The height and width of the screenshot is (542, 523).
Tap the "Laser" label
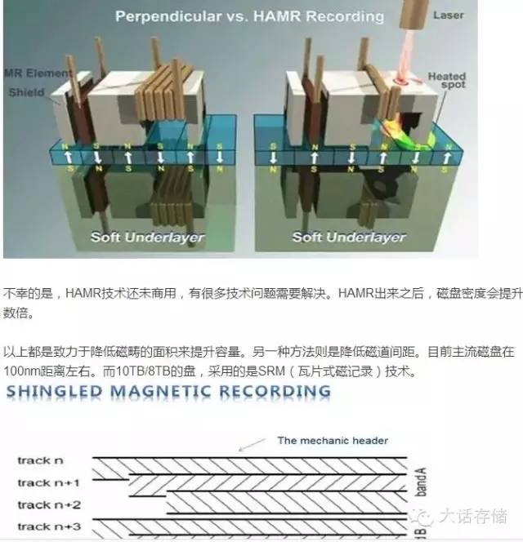point(471,16)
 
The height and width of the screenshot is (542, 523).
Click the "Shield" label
point(26,92)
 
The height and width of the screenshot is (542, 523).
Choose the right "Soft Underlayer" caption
point(349,238)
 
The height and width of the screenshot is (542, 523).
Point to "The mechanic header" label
point(332,441)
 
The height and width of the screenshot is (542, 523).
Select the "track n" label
point(40,460)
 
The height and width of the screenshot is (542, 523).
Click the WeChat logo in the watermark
point(424,514)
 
